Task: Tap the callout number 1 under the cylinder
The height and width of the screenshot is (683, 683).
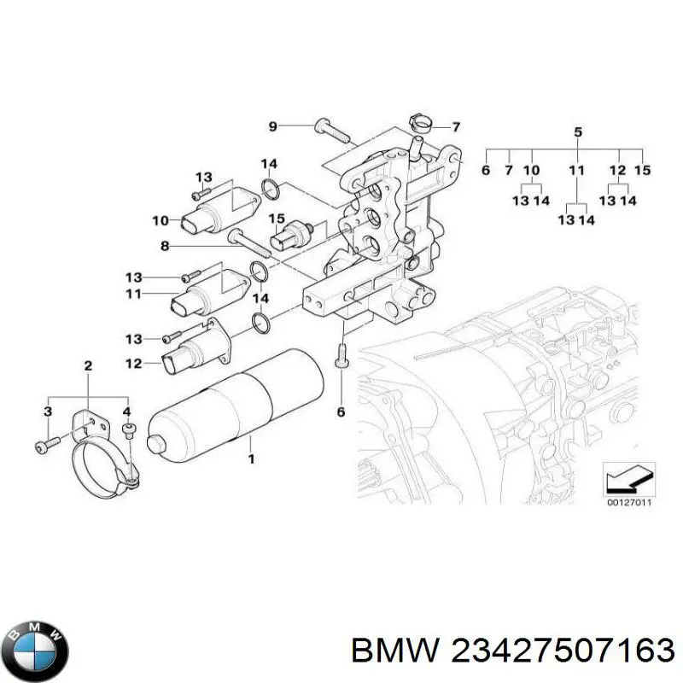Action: pos(251,458)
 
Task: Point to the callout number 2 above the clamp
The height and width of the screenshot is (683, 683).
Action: pos(87,367)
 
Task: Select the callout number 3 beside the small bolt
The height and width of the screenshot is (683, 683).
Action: pos(48,412)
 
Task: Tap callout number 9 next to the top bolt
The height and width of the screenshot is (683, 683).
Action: pos(273,127)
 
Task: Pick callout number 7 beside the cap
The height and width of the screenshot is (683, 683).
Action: pos(456,127)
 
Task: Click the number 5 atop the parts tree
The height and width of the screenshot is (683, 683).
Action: pos(577,132)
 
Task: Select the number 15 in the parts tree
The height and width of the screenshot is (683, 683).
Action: pos(643,171)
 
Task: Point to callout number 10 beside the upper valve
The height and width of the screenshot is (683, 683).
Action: pos(161,221)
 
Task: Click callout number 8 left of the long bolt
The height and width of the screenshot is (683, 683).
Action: pos(166,246)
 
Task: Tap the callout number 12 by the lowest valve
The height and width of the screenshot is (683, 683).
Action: pos(135,365)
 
